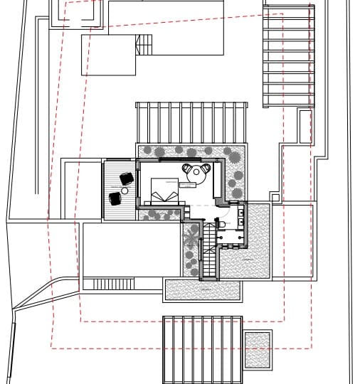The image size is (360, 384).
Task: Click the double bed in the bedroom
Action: [x=165, y=192]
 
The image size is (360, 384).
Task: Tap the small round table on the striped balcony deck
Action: [x=125, y=191]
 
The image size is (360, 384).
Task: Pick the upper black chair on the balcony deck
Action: [x=127, y=178]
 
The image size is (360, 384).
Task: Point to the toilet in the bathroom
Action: [x=222, y=225]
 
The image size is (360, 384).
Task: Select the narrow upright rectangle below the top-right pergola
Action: [x=305, y=126]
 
